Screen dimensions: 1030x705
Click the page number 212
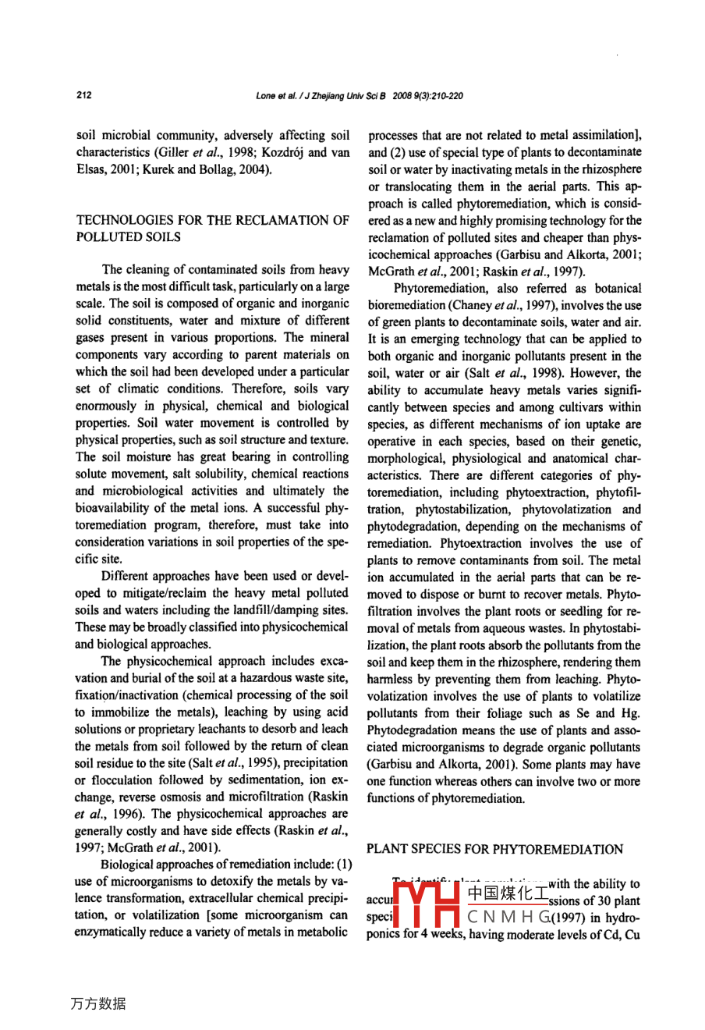(84, 95)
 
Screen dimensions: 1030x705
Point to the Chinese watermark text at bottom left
(98, 1003)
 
